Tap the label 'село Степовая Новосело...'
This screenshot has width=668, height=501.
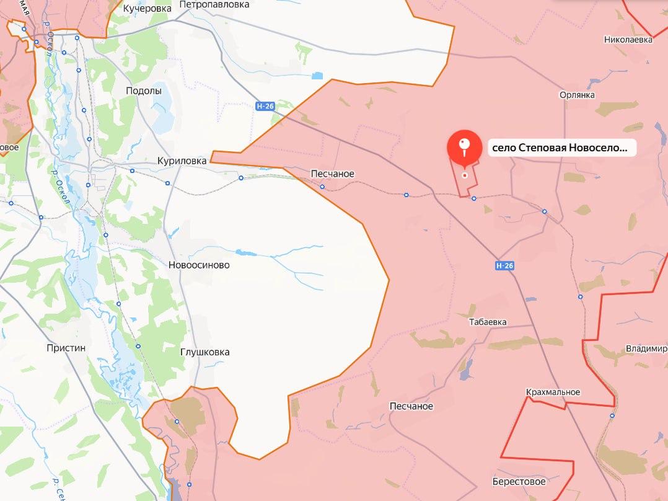561,148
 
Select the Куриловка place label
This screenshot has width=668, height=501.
182,161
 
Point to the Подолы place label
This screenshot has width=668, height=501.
143,91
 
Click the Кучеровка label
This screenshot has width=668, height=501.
147,8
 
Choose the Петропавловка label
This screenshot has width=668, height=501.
214,4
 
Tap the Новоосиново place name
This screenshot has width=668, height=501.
199,265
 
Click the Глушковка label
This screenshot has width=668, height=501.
204,352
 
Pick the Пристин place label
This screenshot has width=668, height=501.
66,348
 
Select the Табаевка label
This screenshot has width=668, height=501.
488,322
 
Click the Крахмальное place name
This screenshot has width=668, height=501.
552,392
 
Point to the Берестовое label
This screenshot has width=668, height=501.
519,482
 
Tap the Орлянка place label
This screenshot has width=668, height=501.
576,95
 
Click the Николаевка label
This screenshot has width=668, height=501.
628,40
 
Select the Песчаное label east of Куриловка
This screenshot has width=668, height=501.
333,174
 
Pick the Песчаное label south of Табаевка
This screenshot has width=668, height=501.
411,406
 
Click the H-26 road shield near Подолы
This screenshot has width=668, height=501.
265,106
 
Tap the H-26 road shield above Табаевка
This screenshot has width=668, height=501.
505,265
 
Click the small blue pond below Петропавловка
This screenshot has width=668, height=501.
317,76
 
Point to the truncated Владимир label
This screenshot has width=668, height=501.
646,348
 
